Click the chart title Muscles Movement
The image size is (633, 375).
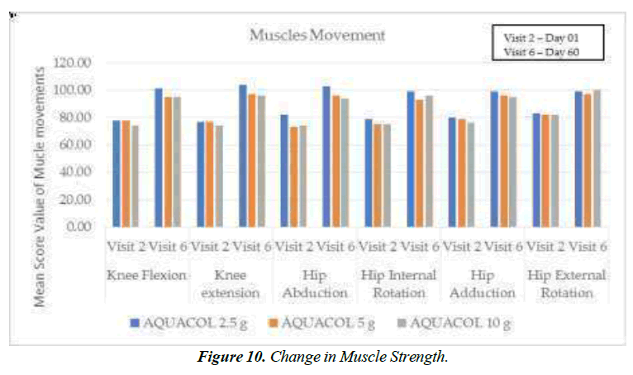pos(318,36)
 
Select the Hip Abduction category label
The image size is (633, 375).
pos(316,283)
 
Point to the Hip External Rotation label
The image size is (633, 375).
pos(567,283)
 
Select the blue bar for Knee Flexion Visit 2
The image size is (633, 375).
pos(116,173)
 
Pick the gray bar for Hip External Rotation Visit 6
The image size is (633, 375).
pos(595,157)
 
